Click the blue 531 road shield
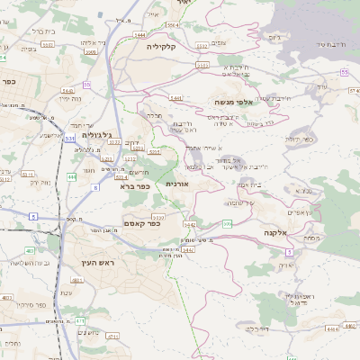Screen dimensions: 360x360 70,139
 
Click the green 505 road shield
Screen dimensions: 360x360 229,222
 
